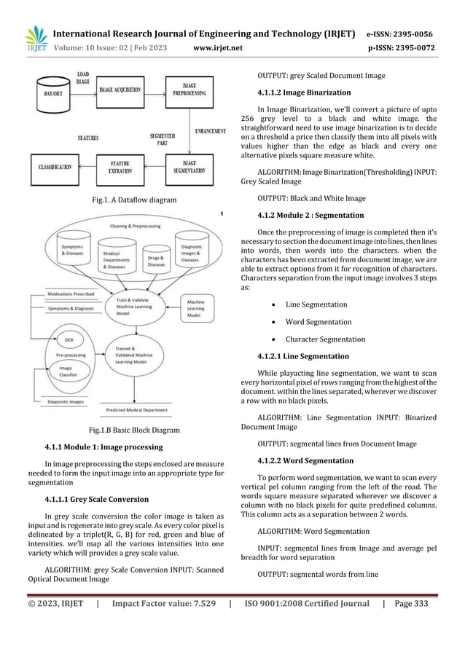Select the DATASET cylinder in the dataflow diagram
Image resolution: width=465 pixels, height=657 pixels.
(52, 94)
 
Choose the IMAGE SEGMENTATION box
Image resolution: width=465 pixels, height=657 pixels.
(189, 167)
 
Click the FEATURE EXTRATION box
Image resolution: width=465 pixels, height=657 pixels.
(120, 167)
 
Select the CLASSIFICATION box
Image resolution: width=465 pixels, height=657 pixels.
(55, 167)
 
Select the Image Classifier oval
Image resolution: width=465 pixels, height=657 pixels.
(66, 373)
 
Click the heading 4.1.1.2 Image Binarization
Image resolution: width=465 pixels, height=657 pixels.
(294, 93)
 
